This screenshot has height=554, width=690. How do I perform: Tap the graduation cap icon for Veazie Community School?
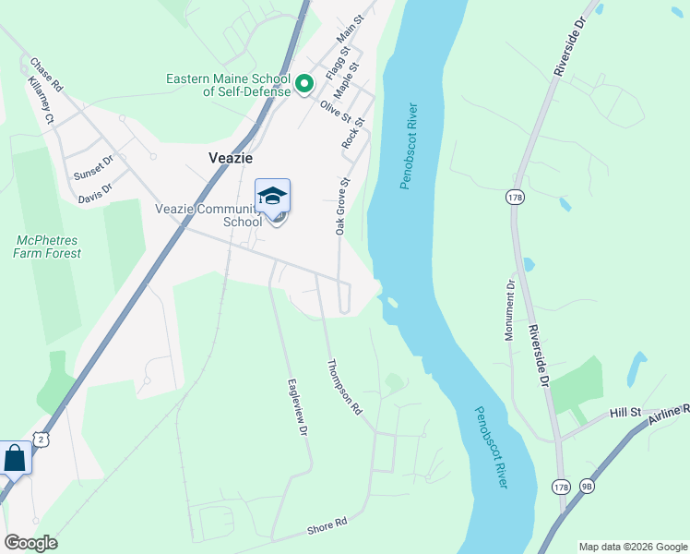(x=272, y=197)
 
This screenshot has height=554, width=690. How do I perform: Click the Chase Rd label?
(x=45, y=75)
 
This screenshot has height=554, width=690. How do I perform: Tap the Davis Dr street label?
(x=94, y=193)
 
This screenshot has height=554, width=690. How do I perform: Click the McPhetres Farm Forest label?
(x=47, y=247)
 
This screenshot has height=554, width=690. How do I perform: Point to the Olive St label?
(x=335, y=111)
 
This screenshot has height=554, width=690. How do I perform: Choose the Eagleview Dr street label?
(x=296, y=405)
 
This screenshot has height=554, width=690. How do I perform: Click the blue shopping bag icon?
(x=15, y=458)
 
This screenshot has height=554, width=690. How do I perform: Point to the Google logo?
(x=30, y=543)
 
